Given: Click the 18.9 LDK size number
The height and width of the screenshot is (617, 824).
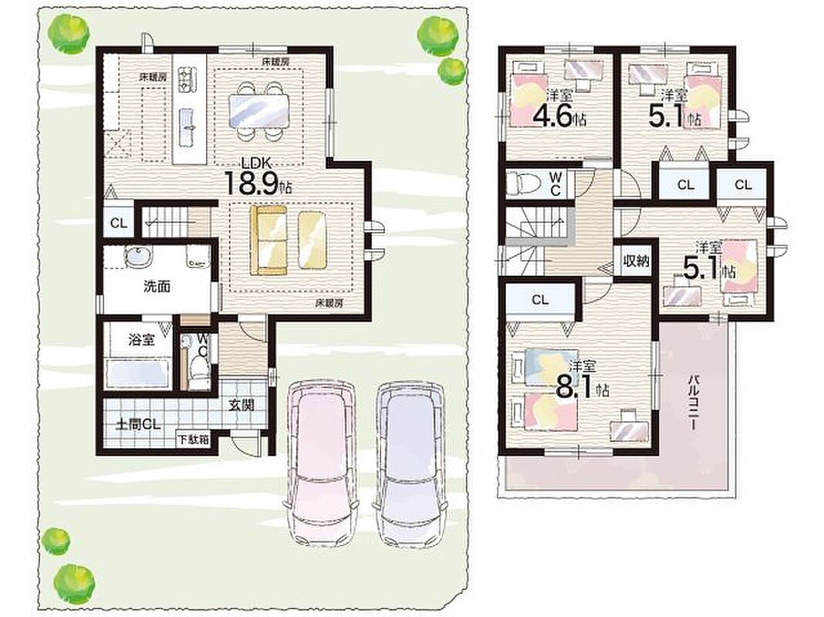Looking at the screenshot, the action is [252, 183].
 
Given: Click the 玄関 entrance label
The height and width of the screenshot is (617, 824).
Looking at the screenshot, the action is [241, 404].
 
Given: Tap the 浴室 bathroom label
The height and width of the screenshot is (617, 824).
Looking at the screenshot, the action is [142, 339].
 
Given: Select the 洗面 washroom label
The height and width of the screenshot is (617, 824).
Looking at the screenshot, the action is [157, 287].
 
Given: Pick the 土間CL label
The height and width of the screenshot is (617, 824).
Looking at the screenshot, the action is [138, 424].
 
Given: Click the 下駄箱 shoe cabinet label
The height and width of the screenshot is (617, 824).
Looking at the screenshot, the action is [193, 440].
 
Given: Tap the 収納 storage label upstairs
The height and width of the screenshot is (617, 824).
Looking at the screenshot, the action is [636, 261].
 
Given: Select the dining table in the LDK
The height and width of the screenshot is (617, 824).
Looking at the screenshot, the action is [259, 112].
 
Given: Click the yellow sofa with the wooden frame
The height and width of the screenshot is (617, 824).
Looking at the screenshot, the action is [268, 240].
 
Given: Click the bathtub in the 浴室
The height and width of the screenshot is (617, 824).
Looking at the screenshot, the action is [137, 374].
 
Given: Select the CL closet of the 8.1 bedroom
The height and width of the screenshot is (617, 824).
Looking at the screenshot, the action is [540, 300].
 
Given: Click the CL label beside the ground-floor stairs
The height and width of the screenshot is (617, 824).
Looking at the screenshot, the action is [119, 223].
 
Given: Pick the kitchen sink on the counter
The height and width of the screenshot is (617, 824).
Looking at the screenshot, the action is [187, 128].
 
